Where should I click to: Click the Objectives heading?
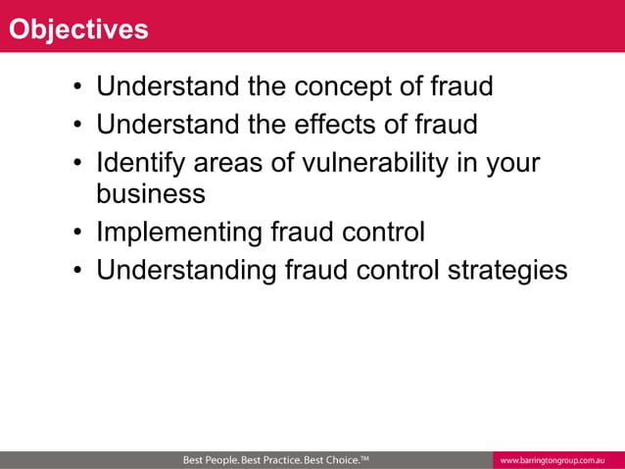(x=78, y=29)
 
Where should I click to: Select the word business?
(x=150, y=193)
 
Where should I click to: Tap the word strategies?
(x=507, y=270)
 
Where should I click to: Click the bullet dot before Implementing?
(x=75, y=234)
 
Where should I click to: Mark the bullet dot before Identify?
(x=75, y=163)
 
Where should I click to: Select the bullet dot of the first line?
(x=75, y=88)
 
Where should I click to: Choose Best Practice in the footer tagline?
(x=275, y=460)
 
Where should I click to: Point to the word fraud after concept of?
(x=461, y=87)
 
